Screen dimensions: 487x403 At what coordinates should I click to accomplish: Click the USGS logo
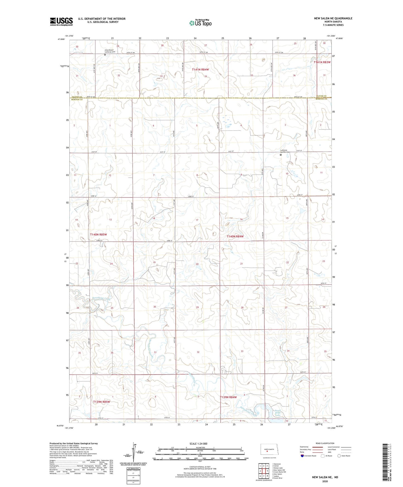tap(61, 21)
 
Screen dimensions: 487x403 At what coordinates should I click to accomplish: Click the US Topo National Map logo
tap(200, 23)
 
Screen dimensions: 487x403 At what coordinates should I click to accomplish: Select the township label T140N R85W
tap(98, 235)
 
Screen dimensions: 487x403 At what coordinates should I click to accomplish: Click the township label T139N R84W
tap(228, 397)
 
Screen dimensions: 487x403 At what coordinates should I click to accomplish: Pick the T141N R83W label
tap(322, 62)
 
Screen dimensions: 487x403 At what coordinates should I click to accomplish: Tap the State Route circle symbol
tap(339, 456)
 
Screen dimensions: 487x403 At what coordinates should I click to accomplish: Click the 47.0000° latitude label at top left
tap(61, 39)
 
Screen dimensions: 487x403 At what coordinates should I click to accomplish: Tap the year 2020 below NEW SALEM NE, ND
tap(325, 481)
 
